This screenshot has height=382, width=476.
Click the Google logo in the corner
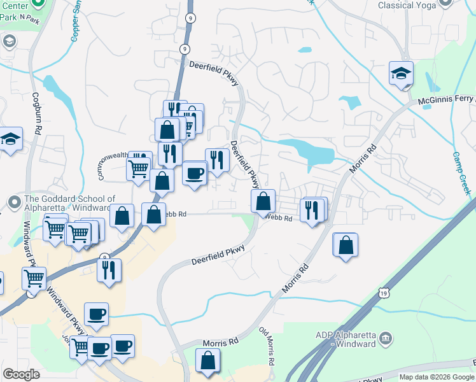pyautogui.click(x=22, y=374)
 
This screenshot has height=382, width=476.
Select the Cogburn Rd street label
pyautogui.click(x=38, y=115)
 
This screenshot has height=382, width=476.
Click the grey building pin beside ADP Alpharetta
pyautogui.click(x=385, y=338)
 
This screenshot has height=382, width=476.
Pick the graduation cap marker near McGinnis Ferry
pyautogui.click(x=402, y=74)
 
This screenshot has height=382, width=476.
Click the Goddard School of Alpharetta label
pyautogui.click(x=70, y=204)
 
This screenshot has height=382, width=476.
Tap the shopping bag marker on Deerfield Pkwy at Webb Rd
pyautogui.click(x=263, y=202)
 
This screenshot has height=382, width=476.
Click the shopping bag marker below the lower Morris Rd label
pyautogui.click(x=208, y=361)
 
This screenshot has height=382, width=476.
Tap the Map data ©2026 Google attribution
pyautogui.click(x=436, y=377)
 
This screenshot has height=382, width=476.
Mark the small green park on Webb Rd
pyautogui.click(x=247, y=220)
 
